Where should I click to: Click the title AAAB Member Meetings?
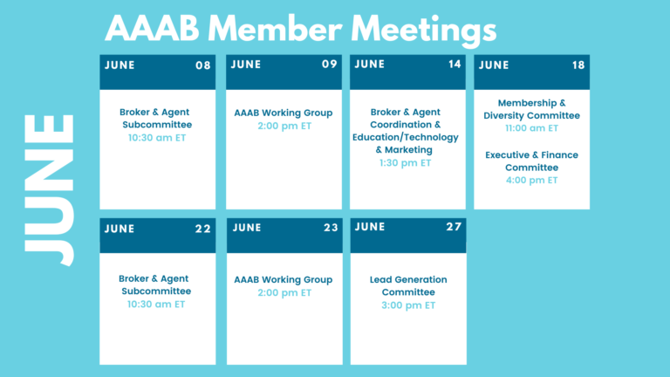click(300, 29)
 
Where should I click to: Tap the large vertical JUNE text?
click(49, 189)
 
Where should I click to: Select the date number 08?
click(203, 65)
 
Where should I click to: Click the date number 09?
click(330, 64)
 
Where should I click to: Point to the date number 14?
click(455, 64)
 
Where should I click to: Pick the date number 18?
click(578, 65)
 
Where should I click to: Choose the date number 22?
click(203, 230)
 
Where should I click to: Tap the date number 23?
click(331, 228)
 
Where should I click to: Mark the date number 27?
click(454, 227)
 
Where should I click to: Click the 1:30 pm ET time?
click(405, 163)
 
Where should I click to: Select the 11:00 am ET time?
click(531, 128)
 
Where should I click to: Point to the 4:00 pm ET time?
click(531, 180)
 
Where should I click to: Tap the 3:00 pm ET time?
click(408, 305)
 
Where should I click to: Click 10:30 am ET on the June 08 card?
click(157, 138)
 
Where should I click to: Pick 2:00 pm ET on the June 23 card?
click(284, 293)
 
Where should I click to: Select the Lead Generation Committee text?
click(408, 286)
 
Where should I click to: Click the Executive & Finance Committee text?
click(531, 161)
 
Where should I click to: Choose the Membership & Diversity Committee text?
click(531, 109)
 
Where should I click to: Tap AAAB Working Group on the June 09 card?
click(284, 113)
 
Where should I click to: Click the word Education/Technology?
click(405, 138)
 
